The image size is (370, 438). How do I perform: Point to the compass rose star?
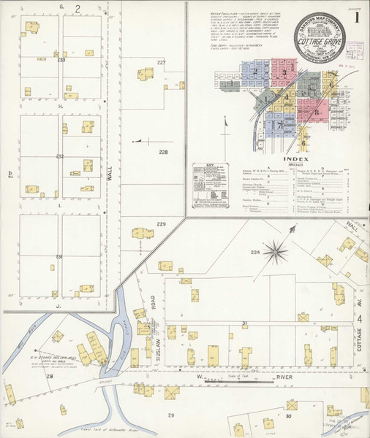[x=276, y=253]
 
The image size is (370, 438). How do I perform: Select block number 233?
[x=61, y=60]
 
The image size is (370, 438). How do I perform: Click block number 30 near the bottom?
[x=287, y=415]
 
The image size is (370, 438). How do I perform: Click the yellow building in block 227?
[x=147, y=75]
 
